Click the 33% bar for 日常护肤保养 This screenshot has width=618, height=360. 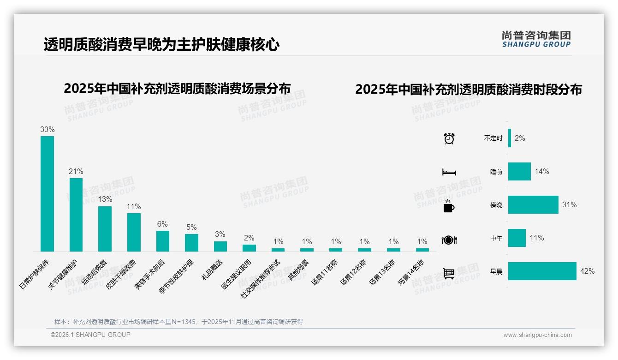pyautogui.click(x=47, y=193)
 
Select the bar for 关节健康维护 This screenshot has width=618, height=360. pyautogui.click(x=76, y=215)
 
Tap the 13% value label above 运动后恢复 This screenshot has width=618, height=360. pyautogui.click(x=105, y=199)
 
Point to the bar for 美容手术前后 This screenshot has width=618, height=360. pyautogui.click(x=163, y=241)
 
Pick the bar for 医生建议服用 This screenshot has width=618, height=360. pyautogui.click(x=249, y=248)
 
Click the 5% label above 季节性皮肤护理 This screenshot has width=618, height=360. pyautogui.click(x=191, y=227)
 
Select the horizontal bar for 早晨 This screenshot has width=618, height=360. pyautogui.click(x=542, y=271)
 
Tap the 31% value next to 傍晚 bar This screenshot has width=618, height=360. pyautogui.click(x=570, y=205)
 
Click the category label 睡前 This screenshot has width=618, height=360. pyautogui.click(x=496, y=172)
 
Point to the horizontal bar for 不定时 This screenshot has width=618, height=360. pyautogui.click(x=510, y=138)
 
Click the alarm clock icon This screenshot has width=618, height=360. pyautogui.click(x=449, y=138)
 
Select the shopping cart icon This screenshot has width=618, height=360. pyautogui.click(x=449, y=273)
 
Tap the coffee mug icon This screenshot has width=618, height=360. pyautogui.click(x=449, y=206)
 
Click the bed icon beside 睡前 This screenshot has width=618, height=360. pyautogui.click(x=449, y=172)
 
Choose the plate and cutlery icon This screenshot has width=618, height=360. pyautogui.click(x=449, y=240)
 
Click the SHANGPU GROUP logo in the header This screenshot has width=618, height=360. pyautogui.click(x=536, y=39)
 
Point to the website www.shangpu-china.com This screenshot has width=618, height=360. pyautogui.click(x=537, y=335)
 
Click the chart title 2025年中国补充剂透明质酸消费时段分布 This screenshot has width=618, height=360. pyautogui.click(x=468, y=89)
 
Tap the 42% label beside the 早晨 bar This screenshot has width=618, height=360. pyautogui.click(x=587, y=271)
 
